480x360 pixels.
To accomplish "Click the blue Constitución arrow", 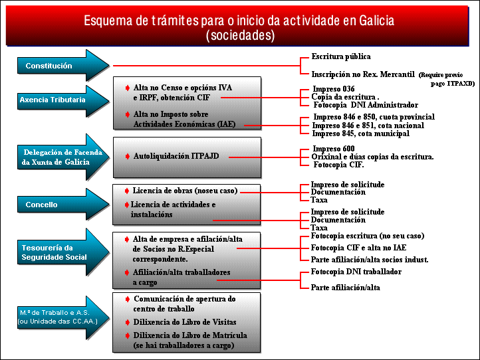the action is [x=63, y=66].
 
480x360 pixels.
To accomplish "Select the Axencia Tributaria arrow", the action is [x=63, y=101].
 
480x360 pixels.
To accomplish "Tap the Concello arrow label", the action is [x=41, y=205].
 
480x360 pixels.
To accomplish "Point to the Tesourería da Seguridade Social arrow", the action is [x=63, y=252].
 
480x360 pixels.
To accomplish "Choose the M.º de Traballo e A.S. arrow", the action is [x=63, y=317].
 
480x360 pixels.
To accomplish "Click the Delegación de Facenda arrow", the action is [x=63, y=157].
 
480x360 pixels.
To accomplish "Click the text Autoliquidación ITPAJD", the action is [x=176, y=156].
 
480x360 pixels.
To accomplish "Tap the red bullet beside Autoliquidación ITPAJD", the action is [x=128, y=156].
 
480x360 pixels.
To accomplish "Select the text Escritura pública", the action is [x=341, y=56].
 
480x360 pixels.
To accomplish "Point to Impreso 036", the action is [x=334, y=89].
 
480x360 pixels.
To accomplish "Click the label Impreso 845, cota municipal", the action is [x=360, y=134].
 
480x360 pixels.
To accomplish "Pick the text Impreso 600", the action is [x=334, y=149].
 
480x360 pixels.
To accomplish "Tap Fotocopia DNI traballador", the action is [x=356, y=272].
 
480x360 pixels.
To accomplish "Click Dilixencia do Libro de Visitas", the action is [x=185, y=322].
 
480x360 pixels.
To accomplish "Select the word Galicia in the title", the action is [x=376, y=21].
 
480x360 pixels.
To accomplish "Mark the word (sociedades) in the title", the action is [x=240, y=35].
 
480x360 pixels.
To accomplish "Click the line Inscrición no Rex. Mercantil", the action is [x=363, y=74].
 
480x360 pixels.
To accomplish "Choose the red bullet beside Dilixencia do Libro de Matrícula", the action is [x=128, y=335].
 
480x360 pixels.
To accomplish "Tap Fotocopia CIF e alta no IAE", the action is [x=358, y=248].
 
